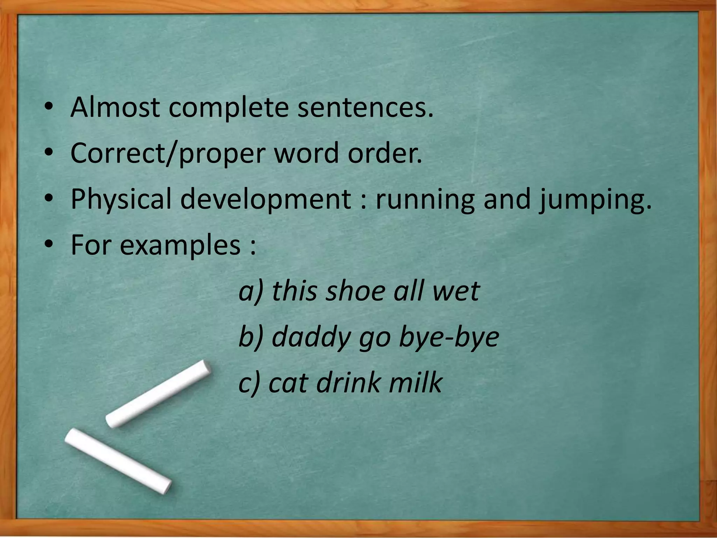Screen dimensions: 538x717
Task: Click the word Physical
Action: point(121,199)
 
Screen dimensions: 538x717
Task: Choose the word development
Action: point(265,199)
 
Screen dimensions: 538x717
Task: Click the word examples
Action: point(180,245)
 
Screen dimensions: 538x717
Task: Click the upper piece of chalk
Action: point(158,393)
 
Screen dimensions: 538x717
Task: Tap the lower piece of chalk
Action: point(118,461)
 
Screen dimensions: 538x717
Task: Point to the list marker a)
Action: point(250,292)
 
